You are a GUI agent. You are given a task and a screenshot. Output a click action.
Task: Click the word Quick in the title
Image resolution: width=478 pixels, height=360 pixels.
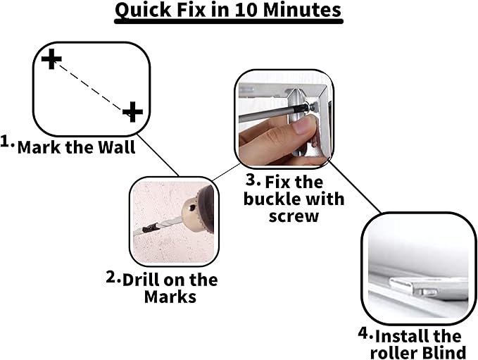click(x=143, y=11)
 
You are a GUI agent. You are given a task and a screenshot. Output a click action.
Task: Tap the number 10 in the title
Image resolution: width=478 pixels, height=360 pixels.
click(x=246, y=10)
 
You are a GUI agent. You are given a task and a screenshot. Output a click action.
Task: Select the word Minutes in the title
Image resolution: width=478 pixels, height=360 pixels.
click(x=302, y=10)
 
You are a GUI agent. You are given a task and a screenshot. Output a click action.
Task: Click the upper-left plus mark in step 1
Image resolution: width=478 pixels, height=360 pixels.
click(x=51, y=58)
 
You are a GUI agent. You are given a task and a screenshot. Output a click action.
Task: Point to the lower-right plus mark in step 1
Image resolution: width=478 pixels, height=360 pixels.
click(x=132, y=111)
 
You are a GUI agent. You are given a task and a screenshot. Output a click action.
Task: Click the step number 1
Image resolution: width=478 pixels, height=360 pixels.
click(x=7, y=142)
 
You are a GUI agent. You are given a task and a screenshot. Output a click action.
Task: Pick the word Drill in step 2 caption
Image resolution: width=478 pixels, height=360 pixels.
click(x=140, y=280)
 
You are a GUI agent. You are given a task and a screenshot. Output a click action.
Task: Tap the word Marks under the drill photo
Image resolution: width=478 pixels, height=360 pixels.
click(x=170, y=297)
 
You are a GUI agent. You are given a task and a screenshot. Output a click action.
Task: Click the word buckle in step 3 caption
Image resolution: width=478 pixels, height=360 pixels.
click(x=268, y=199)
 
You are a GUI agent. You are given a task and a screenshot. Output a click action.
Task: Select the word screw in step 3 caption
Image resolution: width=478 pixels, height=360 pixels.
click(x=294, y=216)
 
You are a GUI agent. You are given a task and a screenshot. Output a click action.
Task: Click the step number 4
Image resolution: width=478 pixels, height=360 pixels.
click(x=365, y=333)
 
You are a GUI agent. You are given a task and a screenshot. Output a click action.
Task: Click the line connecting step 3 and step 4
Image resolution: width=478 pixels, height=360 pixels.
click(x=355, y=187)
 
